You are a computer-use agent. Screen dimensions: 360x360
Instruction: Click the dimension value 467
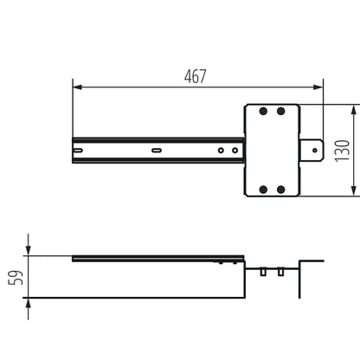[x=196, y=76]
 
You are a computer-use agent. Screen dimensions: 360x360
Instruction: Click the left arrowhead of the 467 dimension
[x=76, y=87]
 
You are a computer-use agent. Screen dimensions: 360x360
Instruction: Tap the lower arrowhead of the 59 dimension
[x=29, y=301]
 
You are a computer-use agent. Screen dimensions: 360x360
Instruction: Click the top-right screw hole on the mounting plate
[x=280, y=111]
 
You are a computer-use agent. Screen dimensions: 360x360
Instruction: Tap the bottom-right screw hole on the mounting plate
[x=280, y=190]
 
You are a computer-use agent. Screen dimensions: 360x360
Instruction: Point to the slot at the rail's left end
[x=80, y=151]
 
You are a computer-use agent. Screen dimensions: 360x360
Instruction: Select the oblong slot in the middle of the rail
[x=156, y=151]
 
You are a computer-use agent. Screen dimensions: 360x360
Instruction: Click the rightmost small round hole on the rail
[x=234, y=151]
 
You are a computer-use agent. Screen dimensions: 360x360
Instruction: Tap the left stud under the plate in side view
[x=262, y=271]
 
